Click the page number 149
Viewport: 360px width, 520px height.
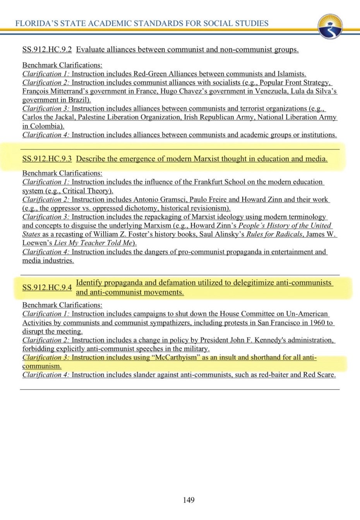tap(189, 500)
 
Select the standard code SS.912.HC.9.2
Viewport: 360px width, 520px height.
tap(47, 50)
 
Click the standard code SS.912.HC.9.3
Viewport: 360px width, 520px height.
tap(47, 159)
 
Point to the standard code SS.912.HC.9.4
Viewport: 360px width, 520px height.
tap(47, 287)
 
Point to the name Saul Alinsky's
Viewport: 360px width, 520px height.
tap(222, 234)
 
